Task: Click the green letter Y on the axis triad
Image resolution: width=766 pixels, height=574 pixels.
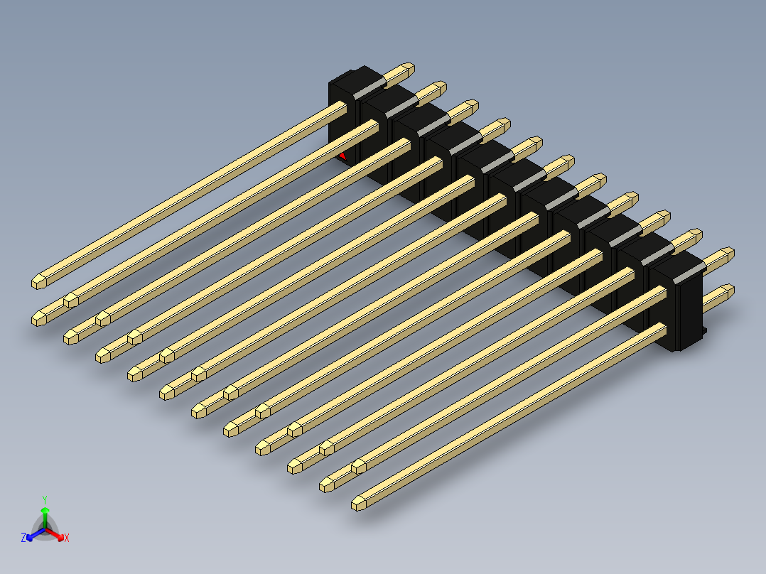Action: coord(44,499)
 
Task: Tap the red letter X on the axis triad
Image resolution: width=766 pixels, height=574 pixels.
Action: coord(67,538)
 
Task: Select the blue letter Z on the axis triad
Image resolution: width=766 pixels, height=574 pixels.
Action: coord(23,538)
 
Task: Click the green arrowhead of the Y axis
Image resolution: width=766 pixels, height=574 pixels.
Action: coord(44,511)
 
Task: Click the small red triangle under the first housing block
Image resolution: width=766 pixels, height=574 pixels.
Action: coord(343,156)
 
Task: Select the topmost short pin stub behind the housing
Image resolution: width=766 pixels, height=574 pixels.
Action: coord(401,72)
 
